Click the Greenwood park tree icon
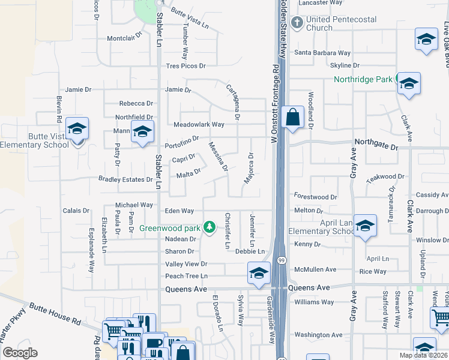click(209, 227)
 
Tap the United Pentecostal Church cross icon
click(297, 23)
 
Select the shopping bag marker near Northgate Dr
click(292, 117)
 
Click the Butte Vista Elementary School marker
click(77, 129)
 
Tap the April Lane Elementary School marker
click(365, 226)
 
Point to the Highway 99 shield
click(281, 259)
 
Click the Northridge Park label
click(363, 79)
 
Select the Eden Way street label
click(179, 211)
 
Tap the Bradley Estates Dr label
click(125, 179)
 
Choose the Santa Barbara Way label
click(322, 53)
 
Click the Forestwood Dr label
click(316, 196)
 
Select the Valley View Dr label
click(186, 264)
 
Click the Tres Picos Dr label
click(185, 66)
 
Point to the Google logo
click(20, 352)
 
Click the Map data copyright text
click(423, 355)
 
